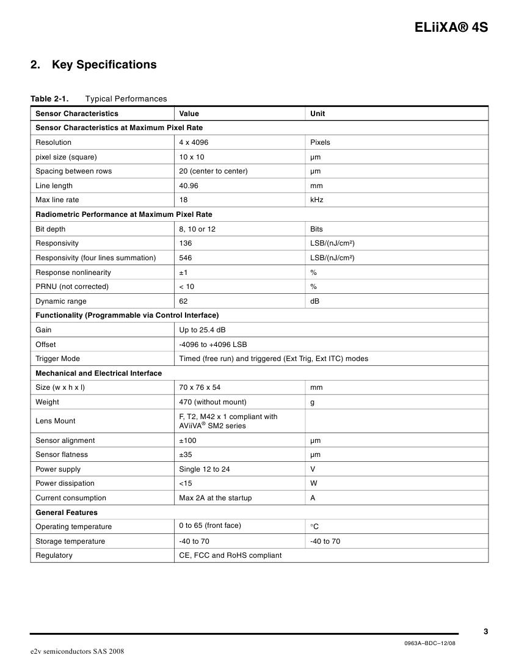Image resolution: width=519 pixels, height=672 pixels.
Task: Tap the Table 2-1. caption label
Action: (x=49, y=99)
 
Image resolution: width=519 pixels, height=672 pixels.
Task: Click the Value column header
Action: (x=189, y=114)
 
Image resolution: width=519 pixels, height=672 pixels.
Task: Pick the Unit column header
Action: (x=318, y=114)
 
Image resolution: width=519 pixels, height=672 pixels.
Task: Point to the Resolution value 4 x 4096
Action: (x=194, y=142)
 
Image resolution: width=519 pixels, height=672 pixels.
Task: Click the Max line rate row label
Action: (x=57, y=200)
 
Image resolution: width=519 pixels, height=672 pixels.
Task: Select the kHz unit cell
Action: (x=316, y=200)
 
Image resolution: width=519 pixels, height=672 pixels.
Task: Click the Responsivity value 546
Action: (x=185, y=258)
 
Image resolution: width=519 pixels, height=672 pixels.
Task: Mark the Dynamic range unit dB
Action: (x=314, y=301)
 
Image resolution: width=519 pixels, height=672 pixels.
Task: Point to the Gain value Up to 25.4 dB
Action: (x=202, y=330)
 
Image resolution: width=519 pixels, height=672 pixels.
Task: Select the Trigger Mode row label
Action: (x=57, y=359)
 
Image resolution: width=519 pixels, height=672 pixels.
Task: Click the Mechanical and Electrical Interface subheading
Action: (x=98, y=373)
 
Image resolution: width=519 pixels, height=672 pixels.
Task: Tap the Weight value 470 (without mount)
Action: (x=212, y=402)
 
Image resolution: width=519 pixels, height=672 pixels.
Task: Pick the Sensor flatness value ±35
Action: (x=186, y=455)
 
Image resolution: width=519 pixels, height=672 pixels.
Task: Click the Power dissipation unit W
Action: (x=313, y=483)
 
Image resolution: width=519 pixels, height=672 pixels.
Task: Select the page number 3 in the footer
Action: (x=485, y=632)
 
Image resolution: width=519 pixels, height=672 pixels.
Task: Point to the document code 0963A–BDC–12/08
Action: (x=430, y=643)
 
